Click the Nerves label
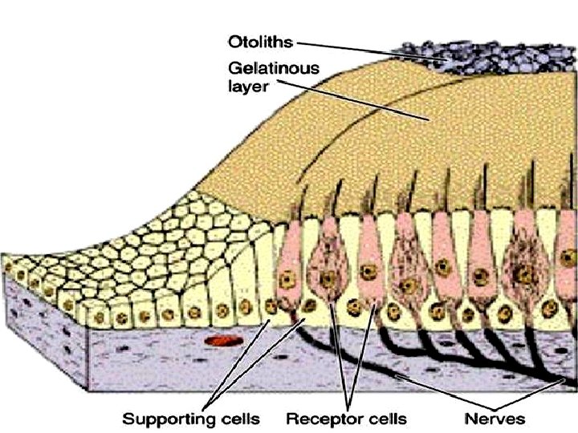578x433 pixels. tap(495, 419)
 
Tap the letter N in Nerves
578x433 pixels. tap(470, 419)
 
